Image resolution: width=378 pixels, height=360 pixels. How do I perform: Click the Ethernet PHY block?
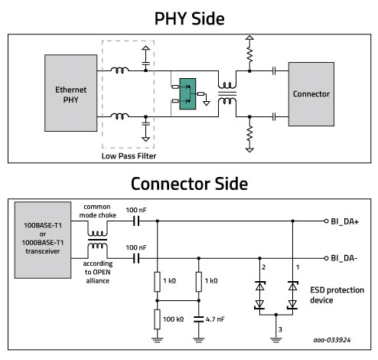point(70,93)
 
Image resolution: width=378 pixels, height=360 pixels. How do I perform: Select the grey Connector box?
point(311,94)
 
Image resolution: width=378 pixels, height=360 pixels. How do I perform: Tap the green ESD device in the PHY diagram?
point(187,94)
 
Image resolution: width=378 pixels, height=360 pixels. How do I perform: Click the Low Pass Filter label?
point(129,155)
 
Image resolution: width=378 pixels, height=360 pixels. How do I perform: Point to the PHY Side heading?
point(189,18)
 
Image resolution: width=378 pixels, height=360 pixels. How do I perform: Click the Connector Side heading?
point(189,184)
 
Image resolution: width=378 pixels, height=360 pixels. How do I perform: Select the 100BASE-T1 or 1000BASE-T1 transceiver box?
point(43,240)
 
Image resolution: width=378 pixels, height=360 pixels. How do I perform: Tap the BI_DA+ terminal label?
point(344,221)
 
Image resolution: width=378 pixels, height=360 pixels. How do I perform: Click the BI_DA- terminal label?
point(344,258)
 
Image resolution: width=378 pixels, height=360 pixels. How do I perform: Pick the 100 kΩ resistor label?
point(173,319)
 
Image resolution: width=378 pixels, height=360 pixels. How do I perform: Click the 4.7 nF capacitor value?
point(215,319)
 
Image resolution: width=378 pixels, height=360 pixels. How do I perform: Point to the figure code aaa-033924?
point(332,340)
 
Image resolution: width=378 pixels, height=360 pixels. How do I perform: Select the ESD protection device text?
point(337,295)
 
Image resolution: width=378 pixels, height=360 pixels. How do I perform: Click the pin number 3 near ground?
point(280,329)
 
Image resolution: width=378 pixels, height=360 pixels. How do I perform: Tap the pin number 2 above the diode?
point(263,267)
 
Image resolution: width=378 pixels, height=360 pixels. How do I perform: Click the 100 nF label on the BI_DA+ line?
point(136,210)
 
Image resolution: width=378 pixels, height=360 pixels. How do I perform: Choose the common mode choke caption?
point(97,211)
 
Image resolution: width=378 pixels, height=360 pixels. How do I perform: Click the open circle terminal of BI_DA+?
point(326,221)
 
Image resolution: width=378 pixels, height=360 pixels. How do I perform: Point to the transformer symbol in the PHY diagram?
point(227,93)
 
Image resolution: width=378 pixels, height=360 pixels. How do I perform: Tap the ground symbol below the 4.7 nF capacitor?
point(199,339)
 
